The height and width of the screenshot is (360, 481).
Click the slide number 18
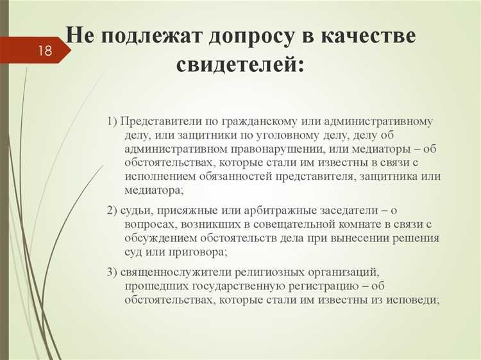pos(45,51)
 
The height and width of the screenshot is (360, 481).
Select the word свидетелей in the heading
pos(240,64)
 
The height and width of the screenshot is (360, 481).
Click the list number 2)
pos(112,210)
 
